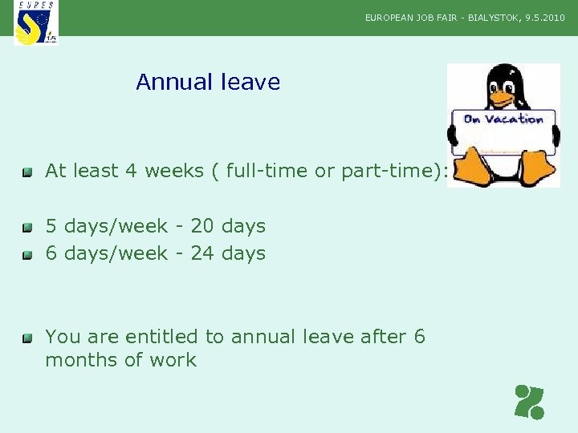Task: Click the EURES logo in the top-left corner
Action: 36,22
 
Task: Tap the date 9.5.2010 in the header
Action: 545,17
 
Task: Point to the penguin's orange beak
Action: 503,98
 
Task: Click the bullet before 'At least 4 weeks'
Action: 27,172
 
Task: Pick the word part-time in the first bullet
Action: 389,171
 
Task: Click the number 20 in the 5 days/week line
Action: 202,226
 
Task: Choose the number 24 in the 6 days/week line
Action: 202,253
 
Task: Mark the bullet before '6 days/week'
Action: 27,255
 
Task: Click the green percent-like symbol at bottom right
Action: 530,402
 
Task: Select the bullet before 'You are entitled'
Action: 27,338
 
